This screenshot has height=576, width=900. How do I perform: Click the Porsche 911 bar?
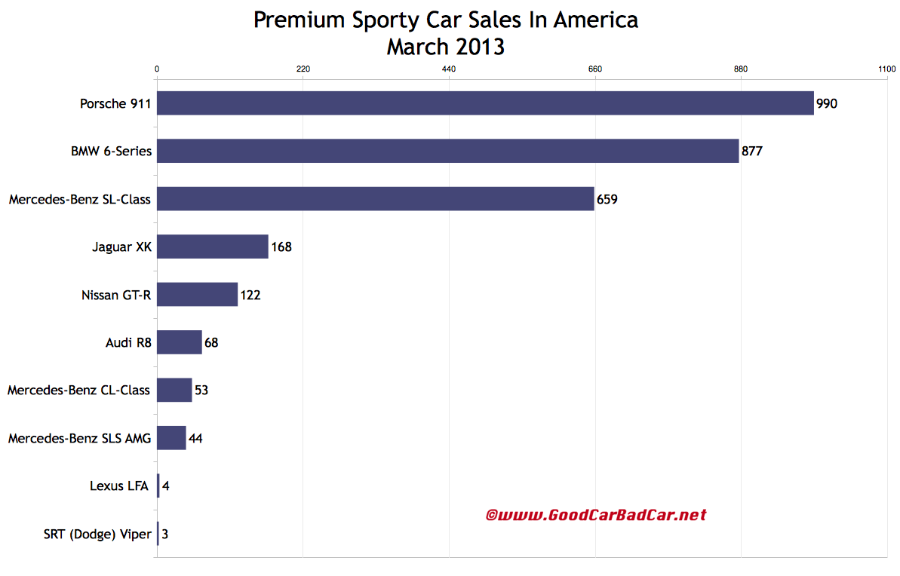[485, 103]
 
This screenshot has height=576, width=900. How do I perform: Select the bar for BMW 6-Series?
[447, 151]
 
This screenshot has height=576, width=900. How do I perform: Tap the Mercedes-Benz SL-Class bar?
[375, 199]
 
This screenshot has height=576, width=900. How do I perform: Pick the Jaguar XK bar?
[213, 247]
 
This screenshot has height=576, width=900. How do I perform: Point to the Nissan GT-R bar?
[197, 295]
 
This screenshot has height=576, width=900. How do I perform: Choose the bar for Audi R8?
[180, 342]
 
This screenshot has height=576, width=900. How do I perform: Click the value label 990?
[827, 103]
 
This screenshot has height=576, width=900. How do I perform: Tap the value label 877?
[752, 151]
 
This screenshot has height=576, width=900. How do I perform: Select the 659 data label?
[607, 199]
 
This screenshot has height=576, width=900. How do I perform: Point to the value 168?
[281, 247]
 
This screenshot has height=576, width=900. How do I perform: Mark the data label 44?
[195, 438]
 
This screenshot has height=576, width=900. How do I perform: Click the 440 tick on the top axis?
[449, 69]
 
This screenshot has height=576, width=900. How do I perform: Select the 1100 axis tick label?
[886, 69]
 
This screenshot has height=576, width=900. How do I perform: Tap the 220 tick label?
[303, 69]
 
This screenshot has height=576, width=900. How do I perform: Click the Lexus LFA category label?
[119, 486]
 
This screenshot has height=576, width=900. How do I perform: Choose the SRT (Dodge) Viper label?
[97, 534]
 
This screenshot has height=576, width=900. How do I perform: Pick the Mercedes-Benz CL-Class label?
[78, 391]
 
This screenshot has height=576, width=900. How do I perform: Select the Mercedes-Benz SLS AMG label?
[79, 438]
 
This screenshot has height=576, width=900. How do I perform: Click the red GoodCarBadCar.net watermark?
[595, 515]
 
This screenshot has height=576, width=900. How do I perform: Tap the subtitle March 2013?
[446, 47]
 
